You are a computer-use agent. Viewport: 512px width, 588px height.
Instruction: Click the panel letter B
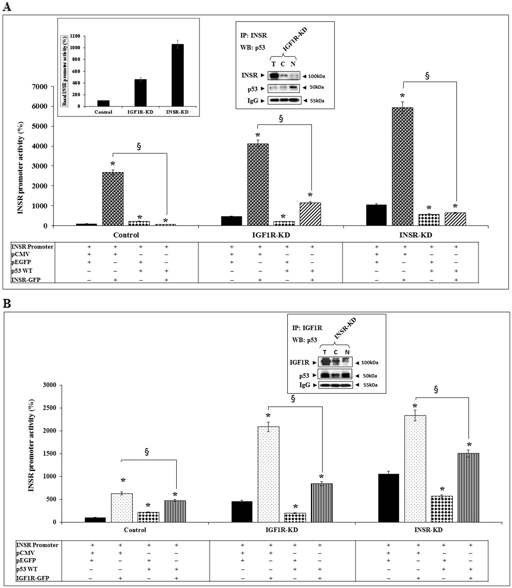click(x=7, y=303)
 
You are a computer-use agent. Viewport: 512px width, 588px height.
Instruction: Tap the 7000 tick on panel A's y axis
click(x=39, y=87)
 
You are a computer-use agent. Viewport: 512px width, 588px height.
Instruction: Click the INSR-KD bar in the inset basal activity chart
click(x=177, y=75)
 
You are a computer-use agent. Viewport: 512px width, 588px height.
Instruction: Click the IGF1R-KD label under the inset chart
click(x=140, y=112)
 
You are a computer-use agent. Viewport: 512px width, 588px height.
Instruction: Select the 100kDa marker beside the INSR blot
click(x=316, y=76)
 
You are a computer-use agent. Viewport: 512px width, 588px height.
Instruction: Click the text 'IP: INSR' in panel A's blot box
click(x=253, y=35)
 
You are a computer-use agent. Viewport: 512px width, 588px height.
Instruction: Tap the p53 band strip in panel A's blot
click(x=283, y=88)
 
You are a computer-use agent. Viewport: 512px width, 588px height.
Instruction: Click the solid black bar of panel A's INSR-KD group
click(x=376, y=215)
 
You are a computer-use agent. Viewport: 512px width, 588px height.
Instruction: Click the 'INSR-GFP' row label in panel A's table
click(x=26, y=280)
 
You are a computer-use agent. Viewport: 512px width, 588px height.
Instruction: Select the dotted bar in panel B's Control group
click(x=122, y=507)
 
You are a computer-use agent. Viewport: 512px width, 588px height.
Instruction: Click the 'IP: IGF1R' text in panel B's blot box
click(x=307, y=328)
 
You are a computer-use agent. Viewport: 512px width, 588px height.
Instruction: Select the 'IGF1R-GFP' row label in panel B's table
click(x=33, y=578)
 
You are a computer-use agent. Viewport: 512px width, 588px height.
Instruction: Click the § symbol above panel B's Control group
click(x=147, y=452)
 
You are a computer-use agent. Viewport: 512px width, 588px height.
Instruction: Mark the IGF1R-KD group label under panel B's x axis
click(x=281, y=530)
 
